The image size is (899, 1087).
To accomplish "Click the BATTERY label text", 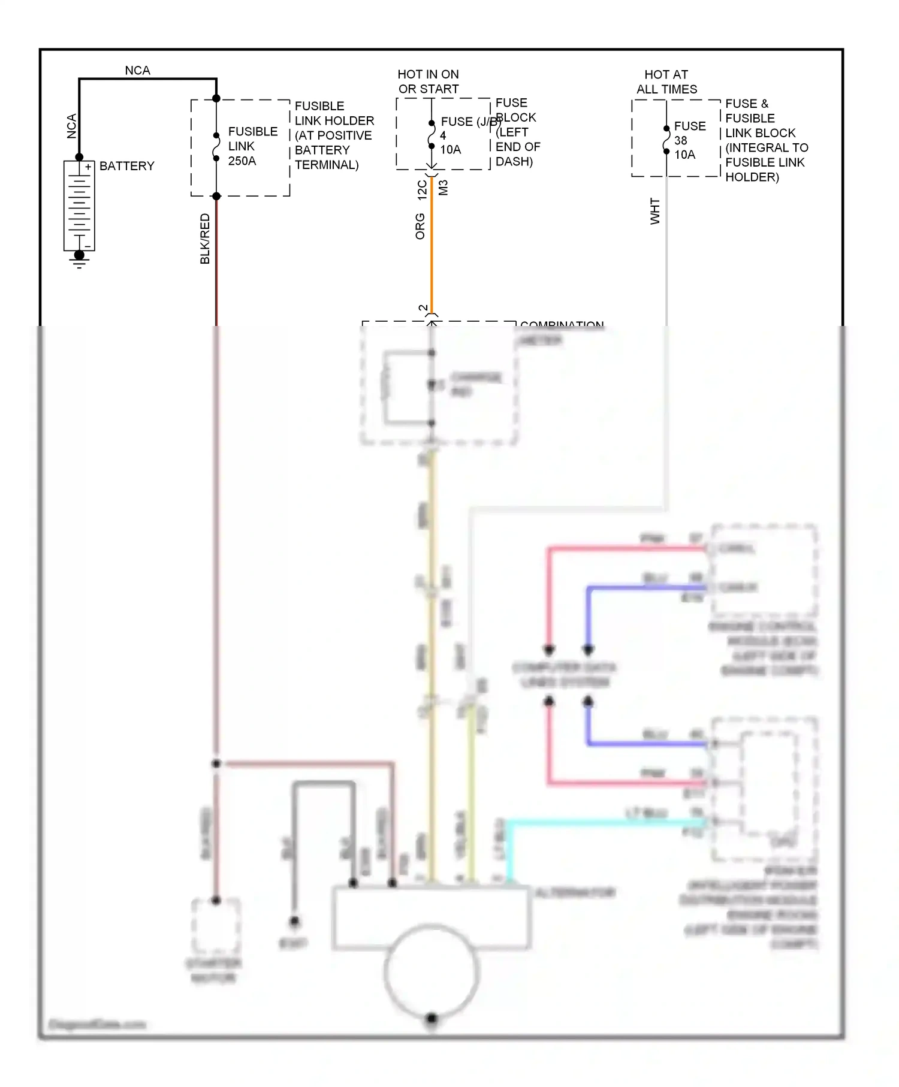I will pos(126,166).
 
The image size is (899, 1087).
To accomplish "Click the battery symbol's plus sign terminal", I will pos(88,167).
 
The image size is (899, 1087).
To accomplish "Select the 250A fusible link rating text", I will pos(242,161).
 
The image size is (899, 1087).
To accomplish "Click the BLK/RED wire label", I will pos(205,238).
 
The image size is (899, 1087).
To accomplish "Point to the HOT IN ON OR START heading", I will pos(428,81).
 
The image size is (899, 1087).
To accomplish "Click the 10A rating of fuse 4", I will pos(450,150).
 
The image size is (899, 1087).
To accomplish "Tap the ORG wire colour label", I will pos(420,226).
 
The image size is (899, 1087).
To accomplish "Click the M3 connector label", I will pos(443,188).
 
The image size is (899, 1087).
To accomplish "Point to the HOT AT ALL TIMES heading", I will pos(666,81).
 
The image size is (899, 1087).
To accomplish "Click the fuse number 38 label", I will pos(680,140).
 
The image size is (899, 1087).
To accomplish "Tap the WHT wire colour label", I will pos(655,211).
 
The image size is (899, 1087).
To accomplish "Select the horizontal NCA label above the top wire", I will pos(137,70).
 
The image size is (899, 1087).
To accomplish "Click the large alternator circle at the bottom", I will pos(432,971).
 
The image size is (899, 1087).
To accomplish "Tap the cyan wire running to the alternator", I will pos(599,823).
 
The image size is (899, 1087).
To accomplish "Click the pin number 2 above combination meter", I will pos(423,308).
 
